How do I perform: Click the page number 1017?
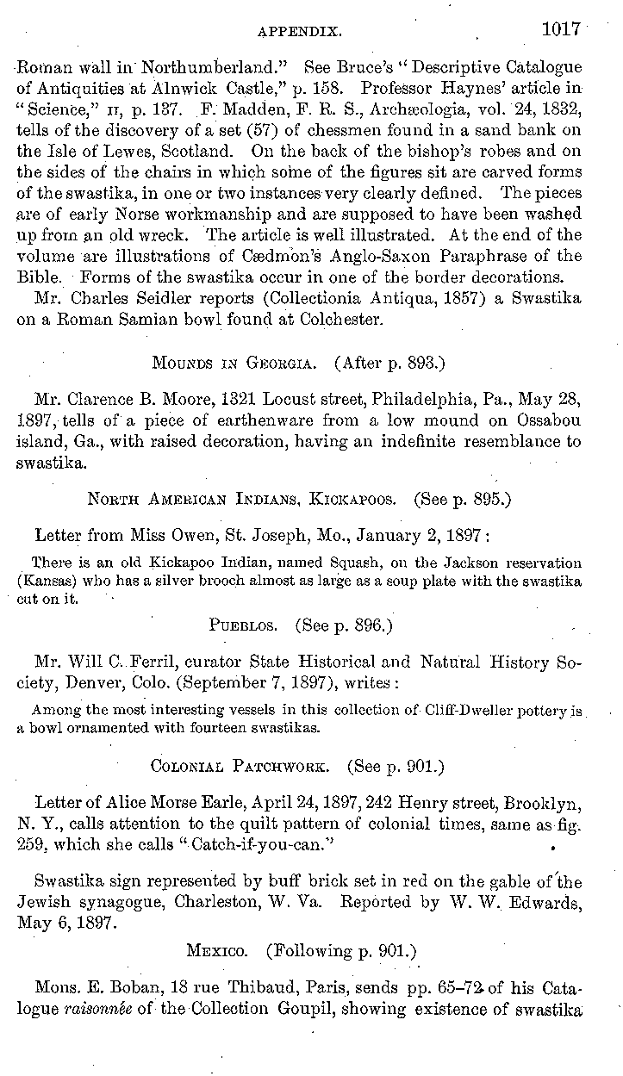point(561,30)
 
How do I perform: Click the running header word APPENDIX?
point(301,33)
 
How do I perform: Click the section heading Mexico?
point(221,951)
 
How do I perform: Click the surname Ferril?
point(157,662)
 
